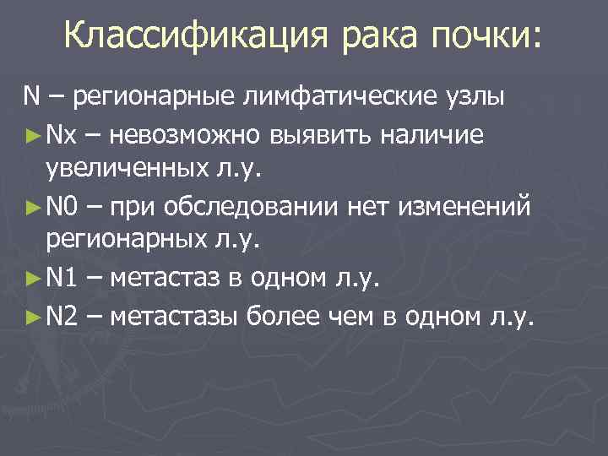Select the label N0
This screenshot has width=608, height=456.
point(62,205)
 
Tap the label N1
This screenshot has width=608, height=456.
point(62,277)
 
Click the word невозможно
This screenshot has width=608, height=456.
point(183,134)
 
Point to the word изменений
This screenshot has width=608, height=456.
point(456,205)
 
